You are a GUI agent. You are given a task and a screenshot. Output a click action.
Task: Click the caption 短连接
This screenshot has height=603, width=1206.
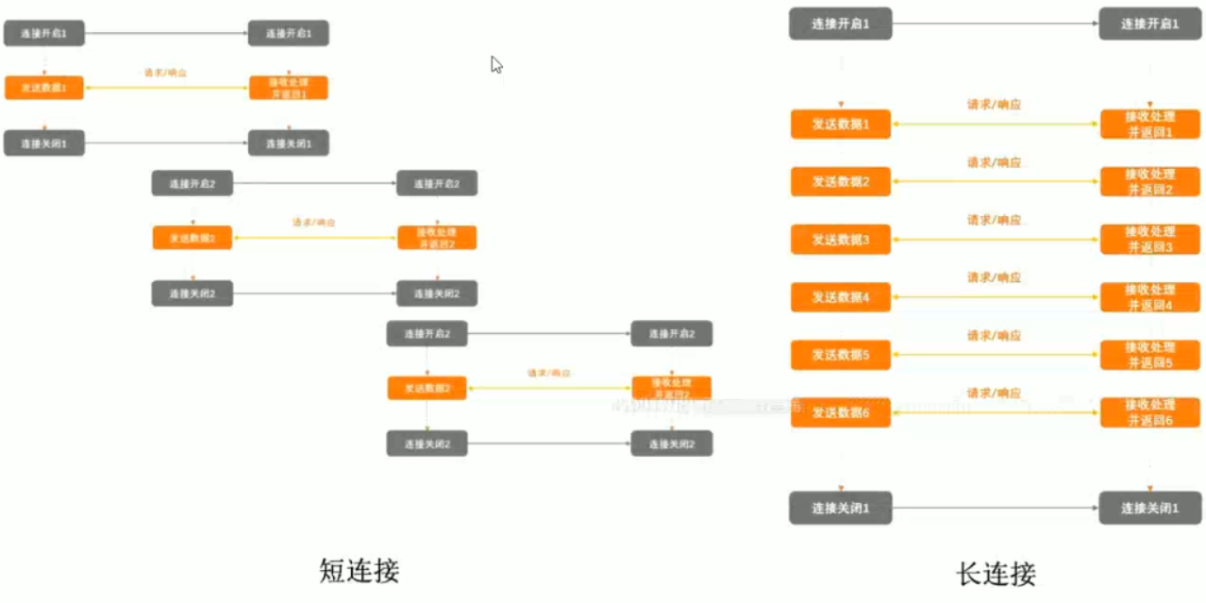coord(360,570)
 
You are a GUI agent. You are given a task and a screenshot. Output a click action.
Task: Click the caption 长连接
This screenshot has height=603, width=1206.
coord(996,574)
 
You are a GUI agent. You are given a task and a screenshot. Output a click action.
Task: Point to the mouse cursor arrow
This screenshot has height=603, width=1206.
coord(495,63)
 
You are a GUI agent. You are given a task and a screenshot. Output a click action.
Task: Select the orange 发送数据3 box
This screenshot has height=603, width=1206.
coord(840,240)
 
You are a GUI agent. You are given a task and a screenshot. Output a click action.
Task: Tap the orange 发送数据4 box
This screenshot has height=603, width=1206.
coord(840,297)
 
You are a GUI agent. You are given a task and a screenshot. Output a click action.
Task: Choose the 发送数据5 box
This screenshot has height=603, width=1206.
coord(840,356)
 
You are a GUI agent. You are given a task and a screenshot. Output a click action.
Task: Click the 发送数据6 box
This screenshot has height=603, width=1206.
coord(840,412)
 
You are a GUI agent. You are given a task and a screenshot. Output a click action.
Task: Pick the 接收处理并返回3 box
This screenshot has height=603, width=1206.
coord(1148,240)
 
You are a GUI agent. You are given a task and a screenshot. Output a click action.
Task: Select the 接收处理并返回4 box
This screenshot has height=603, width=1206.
coord(1148,297)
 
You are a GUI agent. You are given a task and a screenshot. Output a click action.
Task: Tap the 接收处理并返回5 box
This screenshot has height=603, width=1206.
coord(1148,356)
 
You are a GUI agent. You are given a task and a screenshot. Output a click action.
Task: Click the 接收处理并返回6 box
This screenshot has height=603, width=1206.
coord(1148,412)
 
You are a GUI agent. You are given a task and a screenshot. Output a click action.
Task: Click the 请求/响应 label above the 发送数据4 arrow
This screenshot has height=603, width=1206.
coord(994,277)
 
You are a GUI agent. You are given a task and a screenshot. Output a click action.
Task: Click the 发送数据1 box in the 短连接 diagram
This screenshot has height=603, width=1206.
coord(44,87)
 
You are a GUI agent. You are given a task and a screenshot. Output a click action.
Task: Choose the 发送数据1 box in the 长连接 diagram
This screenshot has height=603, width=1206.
coord(840,124)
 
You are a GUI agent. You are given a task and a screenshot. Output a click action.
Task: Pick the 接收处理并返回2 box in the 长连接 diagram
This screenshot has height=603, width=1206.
coord(1148,182)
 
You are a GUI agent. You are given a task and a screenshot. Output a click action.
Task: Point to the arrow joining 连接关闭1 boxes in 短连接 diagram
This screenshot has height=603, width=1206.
coord(166,143)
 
